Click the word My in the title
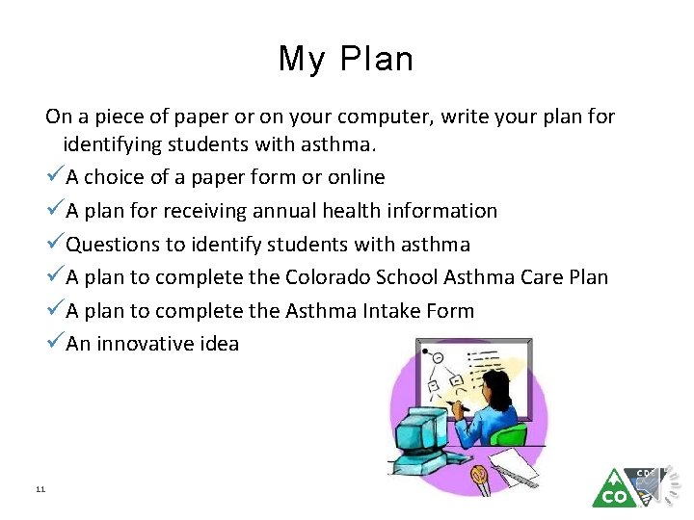[x=302, y=61]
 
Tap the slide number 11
[x=40, y=490]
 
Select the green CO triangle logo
[x=613, y=489]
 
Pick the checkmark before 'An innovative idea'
[x=55, y=344]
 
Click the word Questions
[x=114, y=245]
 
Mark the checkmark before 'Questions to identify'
[x=55, y=244]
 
